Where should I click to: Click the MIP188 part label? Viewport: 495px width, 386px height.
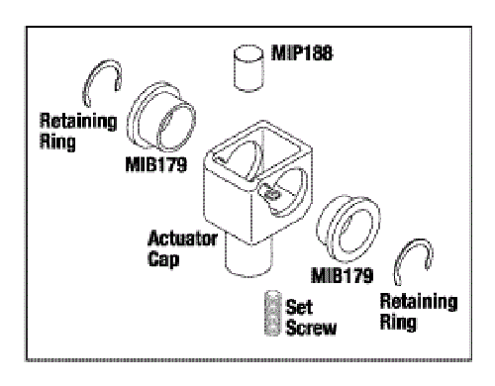click(x=302, y=53)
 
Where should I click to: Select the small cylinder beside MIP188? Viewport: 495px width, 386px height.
click(x=248, y=67)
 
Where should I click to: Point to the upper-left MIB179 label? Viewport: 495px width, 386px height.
click(x=156, y=164)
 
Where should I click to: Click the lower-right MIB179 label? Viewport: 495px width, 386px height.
click(x=343, y=275)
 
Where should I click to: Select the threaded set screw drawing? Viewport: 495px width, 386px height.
click(x=272, y=313)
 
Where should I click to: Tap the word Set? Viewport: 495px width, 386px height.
click(x=299, y=307)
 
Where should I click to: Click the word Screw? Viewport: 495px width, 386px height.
click(x=311, y=328)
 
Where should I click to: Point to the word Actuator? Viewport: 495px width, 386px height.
click(x=182, y=239)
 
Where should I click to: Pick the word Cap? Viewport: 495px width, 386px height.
click(x=163, y=259)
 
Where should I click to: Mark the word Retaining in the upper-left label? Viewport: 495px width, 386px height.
click(x=78, y=121)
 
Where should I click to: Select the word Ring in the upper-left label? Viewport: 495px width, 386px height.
click(x=57, y=143)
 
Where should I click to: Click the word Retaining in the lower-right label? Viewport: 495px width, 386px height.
click(x=419, y=302)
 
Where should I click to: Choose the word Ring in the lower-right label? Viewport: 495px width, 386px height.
click(x=398, y=323)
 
